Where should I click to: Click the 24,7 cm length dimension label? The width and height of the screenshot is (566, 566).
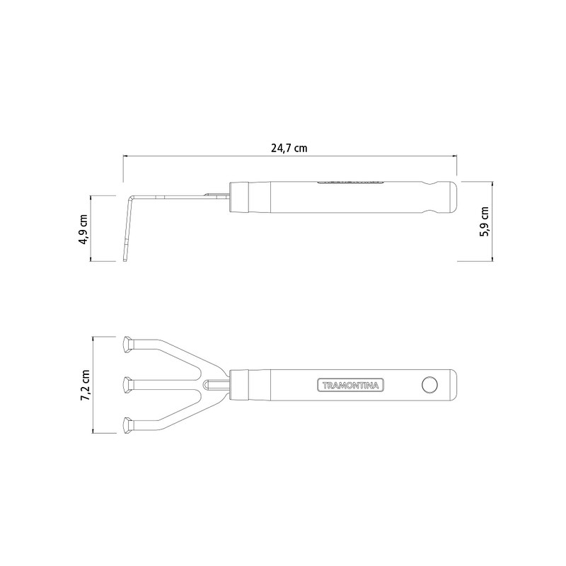[x=289, y=148]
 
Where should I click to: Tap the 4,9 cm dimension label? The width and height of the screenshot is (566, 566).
[x=83, y=229]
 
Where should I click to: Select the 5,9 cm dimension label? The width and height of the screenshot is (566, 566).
[x=485, y=221]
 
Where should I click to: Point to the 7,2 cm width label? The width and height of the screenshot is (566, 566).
[x=86, y=385]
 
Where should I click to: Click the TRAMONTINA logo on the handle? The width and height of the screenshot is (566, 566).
[x=350, y=385]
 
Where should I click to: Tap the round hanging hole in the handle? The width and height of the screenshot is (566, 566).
[x=429, y=385]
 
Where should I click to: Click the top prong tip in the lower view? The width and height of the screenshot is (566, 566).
[x=128, y=345]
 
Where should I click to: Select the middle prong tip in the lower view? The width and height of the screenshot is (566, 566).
[x=128, y=385]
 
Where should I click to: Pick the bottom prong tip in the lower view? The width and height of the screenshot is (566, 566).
[x=128, y=425]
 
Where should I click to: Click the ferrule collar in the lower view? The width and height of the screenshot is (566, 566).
[x=239, y=385]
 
